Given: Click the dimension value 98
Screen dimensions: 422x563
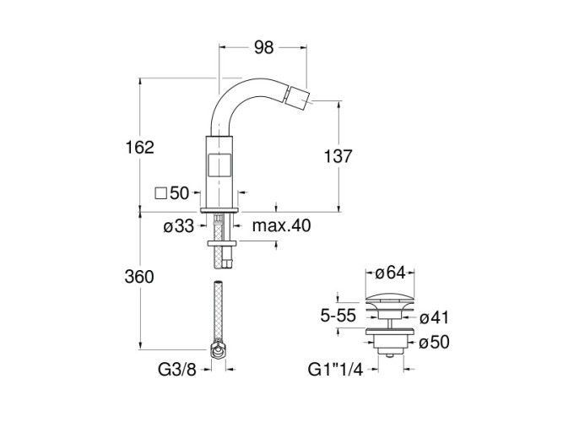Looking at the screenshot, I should [x=263, y=48].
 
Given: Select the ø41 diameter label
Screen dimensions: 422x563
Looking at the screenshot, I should [x=433, y=317].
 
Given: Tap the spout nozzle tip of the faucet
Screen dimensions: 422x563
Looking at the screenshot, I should [x=295, y=111].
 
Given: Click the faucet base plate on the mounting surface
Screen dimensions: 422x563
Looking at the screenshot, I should [x=220, y=208].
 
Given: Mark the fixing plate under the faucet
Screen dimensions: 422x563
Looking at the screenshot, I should [x=220, y=244].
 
